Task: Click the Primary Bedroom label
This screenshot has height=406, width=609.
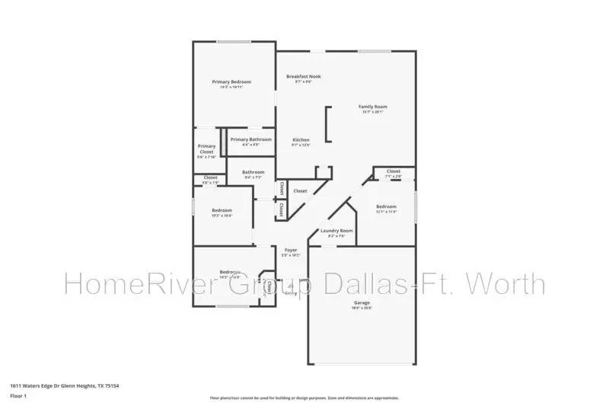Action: click(x=231, y=82)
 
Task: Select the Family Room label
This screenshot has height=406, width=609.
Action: click(x=373, y=107)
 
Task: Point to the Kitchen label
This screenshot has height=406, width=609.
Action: click(x=301, y=141)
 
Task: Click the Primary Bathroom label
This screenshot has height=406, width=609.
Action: click(x=250, y=139)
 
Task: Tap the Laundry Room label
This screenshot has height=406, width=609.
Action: click(x=336, y=231)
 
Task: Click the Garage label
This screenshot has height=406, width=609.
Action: click(x=361, y=303)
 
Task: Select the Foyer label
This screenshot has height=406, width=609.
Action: click(x=291, y=251)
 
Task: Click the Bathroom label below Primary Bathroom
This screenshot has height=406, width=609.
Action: click(x=253, y=173)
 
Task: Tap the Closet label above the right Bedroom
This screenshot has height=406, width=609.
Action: click(x=393, y=172)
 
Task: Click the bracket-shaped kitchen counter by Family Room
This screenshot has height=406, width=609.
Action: click(x=327, y=124)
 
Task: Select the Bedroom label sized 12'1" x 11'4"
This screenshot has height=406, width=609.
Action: click(x=386, y=207)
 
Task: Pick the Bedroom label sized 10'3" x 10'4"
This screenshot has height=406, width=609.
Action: click(x=222, y=211)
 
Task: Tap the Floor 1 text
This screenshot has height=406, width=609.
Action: click(x=18, y=396)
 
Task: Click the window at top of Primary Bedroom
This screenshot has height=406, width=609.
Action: click(x=234, y=41)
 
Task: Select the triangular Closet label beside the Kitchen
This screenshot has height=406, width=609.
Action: click(x=300, y=191)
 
